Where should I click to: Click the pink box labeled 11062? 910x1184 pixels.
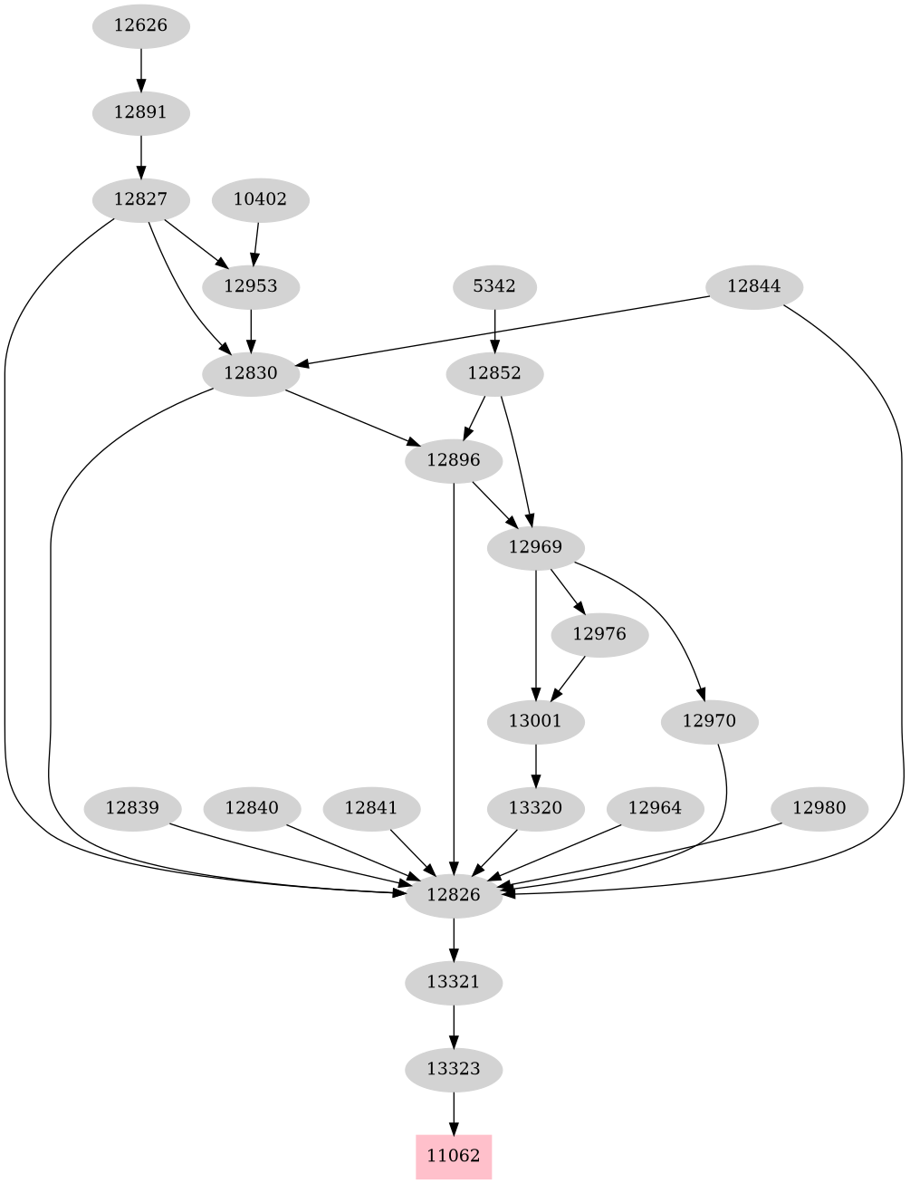point(453,1156)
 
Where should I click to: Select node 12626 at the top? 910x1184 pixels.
point(140,25)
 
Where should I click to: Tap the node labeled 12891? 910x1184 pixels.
point(140,112)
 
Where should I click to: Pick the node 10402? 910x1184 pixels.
point(260,199)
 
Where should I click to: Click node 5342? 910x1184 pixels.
point(494,286)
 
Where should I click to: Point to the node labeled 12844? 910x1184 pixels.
point(753,286)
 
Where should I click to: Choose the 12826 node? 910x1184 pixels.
point(453,895)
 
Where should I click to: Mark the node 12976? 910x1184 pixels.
point(599,634)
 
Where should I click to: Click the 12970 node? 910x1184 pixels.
point(709,721)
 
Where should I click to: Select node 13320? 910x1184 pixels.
point(536,808)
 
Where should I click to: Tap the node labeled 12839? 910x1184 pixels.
point(132,808)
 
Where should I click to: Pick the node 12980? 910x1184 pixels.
point(819,808)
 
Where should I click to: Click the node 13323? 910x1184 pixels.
point(453,1069)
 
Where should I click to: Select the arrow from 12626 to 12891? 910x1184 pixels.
point(140,69)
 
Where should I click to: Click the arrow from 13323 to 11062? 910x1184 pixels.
point(453,1112)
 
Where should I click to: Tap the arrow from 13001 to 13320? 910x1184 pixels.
point(536,765)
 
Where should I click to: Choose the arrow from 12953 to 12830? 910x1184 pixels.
point(251,330)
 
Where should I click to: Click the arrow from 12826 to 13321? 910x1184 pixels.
point(453,939)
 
